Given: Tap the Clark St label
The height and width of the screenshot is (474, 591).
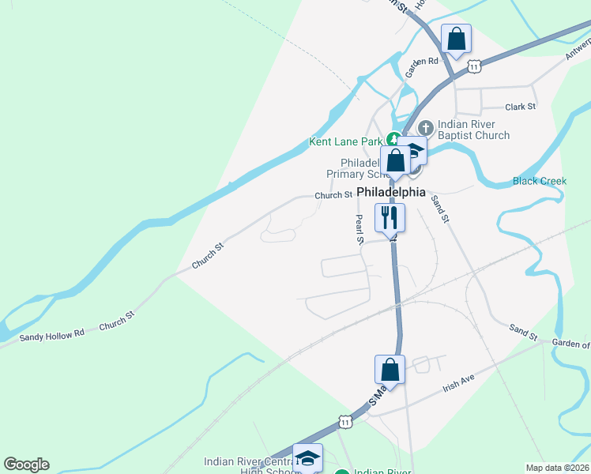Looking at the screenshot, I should pyautogui.click(x=520, y=107).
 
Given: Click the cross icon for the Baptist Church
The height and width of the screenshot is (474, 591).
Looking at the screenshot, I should pyautogui.click(x=425, y=126).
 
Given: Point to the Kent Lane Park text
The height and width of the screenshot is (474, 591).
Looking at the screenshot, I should pyautogui.click(x=345, y=142).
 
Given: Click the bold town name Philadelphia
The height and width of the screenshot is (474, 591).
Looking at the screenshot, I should pyautogui.click(x=391, y=192).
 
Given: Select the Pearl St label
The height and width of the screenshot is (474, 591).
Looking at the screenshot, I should pyautogui.click(x=359, y=229).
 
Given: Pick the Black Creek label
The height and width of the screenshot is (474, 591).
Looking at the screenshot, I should pyautogui.click(x=540, y=181).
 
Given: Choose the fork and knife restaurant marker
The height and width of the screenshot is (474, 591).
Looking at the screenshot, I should pyautogui.click(x=390, y=217).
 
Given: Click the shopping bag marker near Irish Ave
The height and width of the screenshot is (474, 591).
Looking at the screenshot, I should pyautogui.click(x=390, y=368).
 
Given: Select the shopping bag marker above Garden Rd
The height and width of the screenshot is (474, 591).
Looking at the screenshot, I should pyautogui.click(x=456, y=38).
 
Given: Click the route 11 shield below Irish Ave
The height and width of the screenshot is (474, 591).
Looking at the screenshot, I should pyautogui.click(x=345, y=422).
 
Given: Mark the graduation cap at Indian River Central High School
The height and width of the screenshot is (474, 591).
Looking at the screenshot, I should pyautogui.click(x=307, y=457).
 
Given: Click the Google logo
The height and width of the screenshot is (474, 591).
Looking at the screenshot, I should pyautogui.click(x=26, y=465).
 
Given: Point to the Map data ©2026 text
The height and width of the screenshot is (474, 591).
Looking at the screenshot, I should pyautogui.click(x=557, y=468).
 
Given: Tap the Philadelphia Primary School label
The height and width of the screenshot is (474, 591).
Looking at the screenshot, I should pyautogui.click(x=356, y=168).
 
